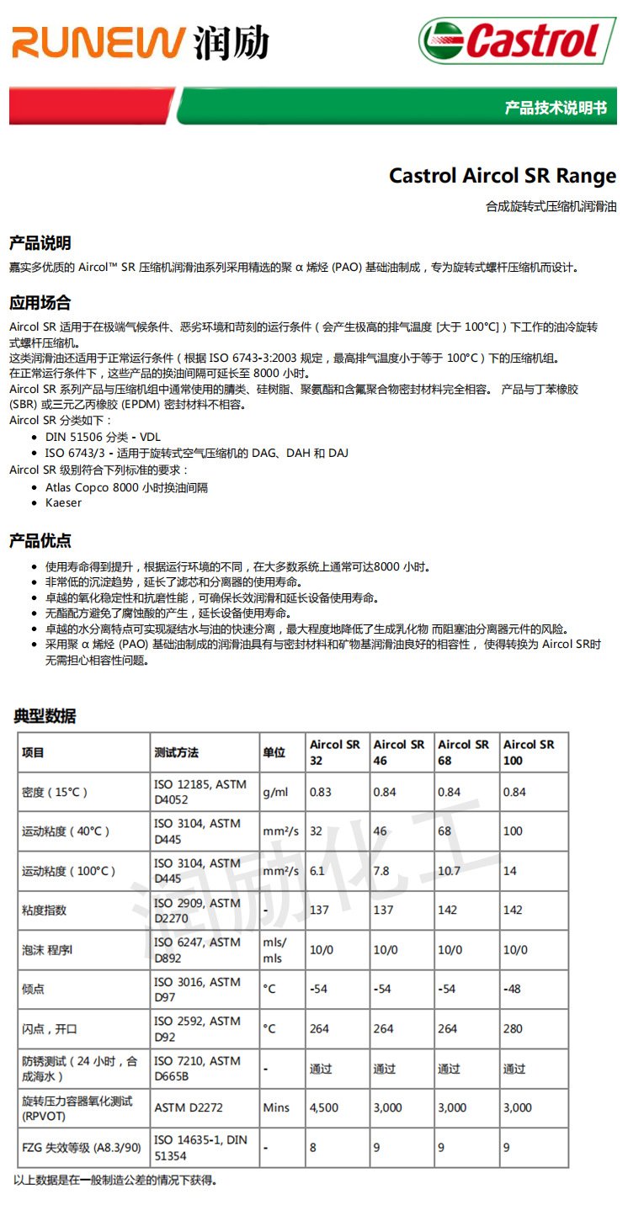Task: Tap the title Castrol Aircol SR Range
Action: pos(502,176)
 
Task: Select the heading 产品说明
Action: pos(40,243)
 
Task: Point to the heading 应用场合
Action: pos(40,303)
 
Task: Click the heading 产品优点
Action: pos(40,540)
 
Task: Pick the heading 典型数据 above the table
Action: pos(45,716)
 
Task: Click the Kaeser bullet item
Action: pos(64,502)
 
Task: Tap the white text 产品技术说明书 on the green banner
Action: pos(555,108)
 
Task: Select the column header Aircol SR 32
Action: pos(334,752)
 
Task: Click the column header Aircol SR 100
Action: pos(529,752)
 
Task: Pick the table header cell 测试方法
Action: pos(177,752)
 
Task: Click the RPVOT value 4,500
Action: pos(324,1107)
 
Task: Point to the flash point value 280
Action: pos(513,1028)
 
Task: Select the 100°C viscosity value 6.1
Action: pos(317,871)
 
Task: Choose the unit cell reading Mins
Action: pos(276,1107)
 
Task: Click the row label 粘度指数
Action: pos(44,910)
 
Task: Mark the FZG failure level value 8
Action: pos(313,1147)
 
